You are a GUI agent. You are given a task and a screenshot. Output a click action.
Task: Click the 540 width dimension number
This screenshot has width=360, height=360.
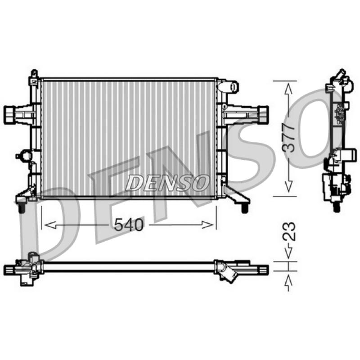click(129, 225)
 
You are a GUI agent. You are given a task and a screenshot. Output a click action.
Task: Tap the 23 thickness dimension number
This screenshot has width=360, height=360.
click(289, 231)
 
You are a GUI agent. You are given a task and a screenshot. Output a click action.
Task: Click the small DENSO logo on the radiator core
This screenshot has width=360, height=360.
click(167, 183)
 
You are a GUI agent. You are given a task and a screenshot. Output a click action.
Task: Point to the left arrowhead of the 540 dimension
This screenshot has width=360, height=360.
click(50, 225)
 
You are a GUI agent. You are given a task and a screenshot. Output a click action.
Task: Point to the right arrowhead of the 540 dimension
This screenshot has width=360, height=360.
click(207, 225)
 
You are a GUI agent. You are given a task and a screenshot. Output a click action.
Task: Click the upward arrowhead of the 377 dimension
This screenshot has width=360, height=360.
click(288, 89)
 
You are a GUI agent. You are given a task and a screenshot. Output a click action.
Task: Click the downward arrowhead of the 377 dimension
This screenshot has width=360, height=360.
click(288, 186)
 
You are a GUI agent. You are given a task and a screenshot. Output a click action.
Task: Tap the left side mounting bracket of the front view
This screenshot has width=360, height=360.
click(19, 115)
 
